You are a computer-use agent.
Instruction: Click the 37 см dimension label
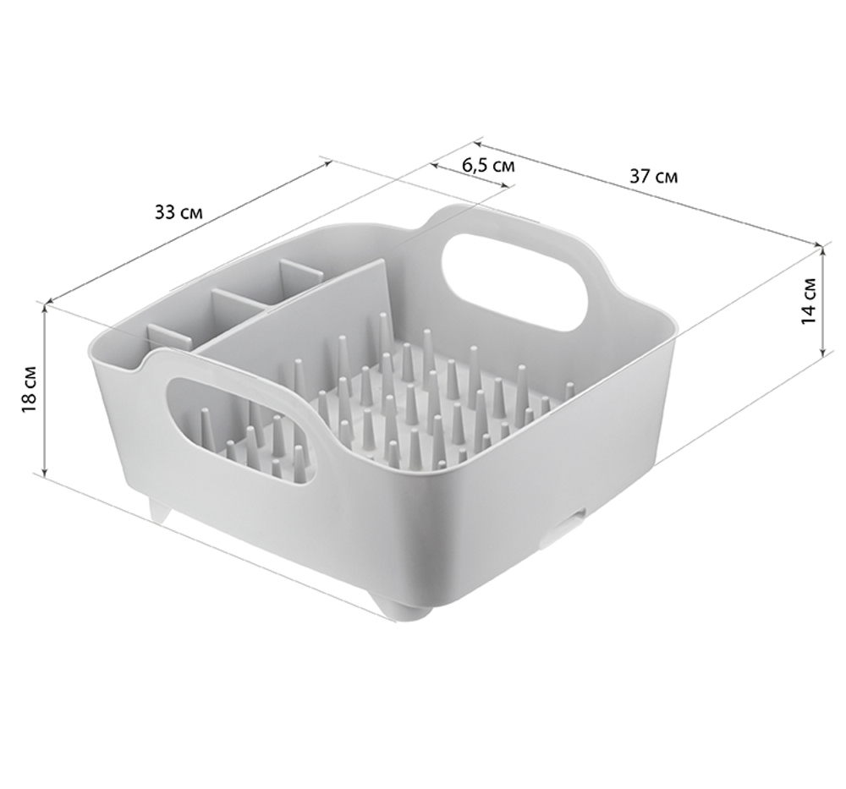coord(653,176)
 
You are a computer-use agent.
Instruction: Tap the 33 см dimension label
coord(179,212)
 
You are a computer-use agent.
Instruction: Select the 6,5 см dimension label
coord(488,165)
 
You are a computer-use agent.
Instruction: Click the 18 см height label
coord(30,390)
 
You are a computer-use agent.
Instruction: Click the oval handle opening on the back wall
coord(515,282)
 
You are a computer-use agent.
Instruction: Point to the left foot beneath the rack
coord(160,510)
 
